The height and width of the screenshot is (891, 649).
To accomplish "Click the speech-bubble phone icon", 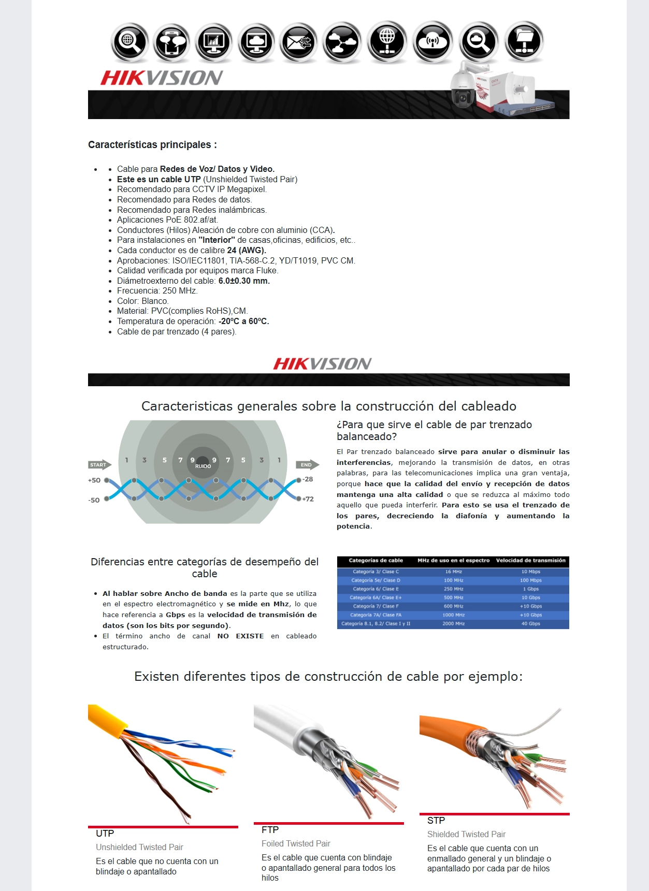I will tap(172, 42).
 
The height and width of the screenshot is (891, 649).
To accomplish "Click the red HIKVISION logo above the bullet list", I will tap(162, 78).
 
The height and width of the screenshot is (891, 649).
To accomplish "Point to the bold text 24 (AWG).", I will tap(247, 250).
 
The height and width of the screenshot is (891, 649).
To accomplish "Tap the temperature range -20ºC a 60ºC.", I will tap(243, 321).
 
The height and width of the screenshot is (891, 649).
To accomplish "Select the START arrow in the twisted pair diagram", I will tap(99, 465).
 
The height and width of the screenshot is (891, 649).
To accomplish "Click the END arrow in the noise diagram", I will tap(307, 465).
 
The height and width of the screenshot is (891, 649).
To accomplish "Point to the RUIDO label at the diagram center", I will tap(203, 466).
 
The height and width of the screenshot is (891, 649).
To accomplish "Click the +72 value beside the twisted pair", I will tap(308, 499).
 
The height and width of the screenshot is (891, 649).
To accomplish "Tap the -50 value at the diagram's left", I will tap(94, 500).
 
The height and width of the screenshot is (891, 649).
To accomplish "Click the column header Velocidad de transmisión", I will tap(530, 561).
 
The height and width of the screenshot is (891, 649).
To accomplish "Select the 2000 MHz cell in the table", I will tap(453, 624).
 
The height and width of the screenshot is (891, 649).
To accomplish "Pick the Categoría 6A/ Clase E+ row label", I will tap(376, 597).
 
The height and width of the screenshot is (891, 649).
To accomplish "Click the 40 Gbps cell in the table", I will tap(531, 624).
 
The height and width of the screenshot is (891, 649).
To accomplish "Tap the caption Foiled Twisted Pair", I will tap(296, 844).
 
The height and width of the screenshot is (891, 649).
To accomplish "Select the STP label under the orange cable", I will tap(436, 821).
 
